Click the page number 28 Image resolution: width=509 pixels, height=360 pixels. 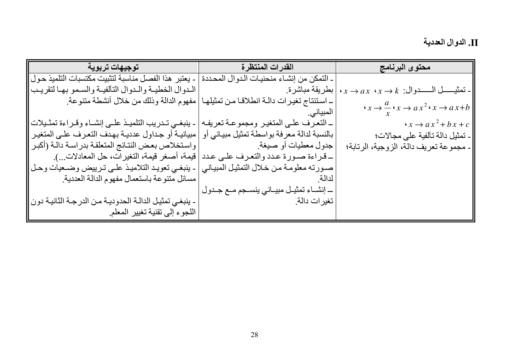tap(254, 335)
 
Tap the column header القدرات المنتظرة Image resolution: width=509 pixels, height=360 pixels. tap(267, 67)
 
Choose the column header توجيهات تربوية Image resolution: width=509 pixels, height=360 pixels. tap(113, 67)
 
